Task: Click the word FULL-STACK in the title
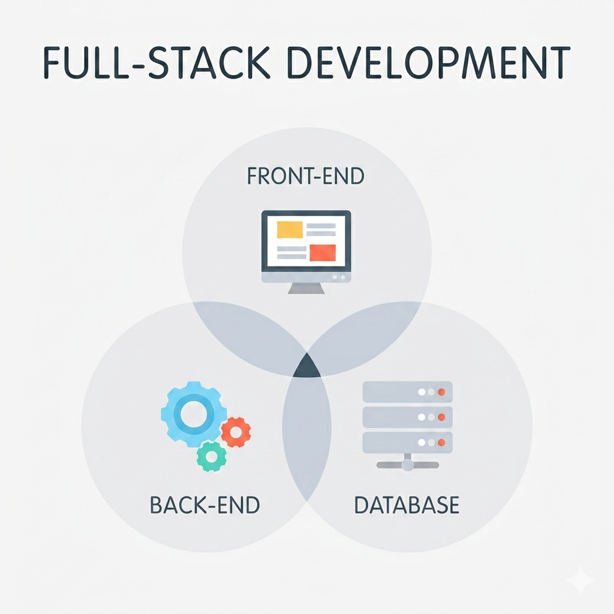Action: (x=156, y=62)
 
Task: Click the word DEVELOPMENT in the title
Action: (x=429, y=62)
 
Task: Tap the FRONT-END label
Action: (x=306, y=176)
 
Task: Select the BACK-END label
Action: (x=205, y=505)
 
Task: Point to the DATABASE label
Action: (x=407, y=505)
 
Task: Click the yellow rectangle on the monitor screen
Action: (x=290, y=230)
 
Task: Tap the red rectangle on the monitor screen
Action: (x=323, y=252)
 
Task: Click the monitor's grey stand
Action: (x=306, y=288)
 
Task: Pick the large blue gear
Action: (x=194, y=414)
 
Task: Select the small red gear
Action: (x=236, y=432)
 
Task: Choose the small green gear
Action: (x=212, y=456)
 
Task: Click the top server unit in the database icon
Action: (x=408, y=392)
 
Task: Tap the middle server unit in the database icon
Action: (x=408, y=417)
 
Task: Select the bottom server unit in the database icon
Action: (x=408, y=443)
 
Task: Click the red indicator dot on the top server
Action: (x=441, y=392)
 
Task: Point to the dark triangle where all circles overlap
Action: (x=306, y=366)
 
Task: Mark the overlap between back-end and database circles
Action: (x=306, y=435)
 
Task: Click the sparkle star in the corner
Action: (x=581, y=581)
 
